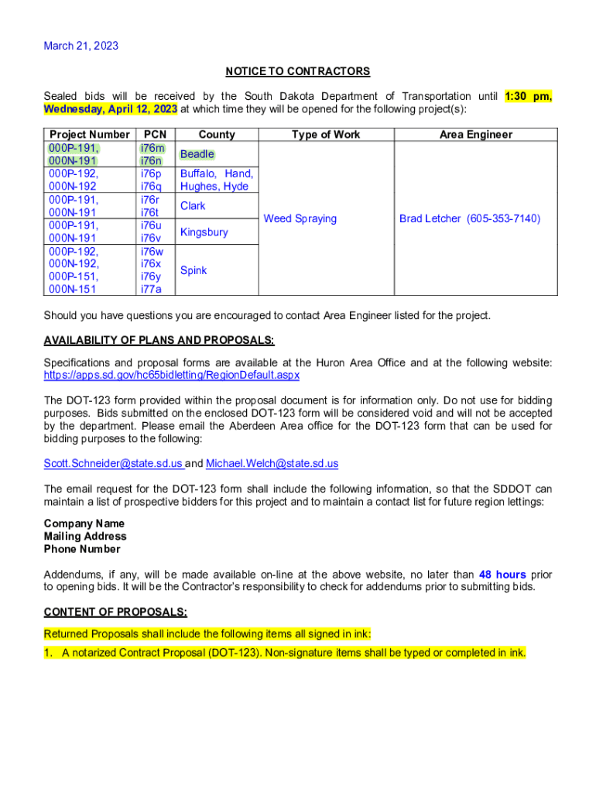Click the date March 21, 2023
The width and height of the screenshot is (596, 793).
(81, 46)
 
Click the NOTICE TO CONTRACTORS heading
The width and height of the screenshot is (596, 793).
(298, 71)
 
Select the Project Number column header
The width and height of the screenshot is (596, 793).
(89, 135)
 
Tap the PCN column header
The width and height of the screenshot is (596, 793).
(155, 135)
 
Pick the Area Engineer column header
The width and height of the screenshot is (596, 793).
(475, 135)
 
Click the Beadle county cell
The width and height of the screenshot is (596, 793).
(197, 154)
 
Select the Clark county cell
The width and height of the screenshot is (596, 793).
(193, 206)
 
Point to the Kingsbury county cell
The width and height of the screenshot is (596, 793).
(204, 232)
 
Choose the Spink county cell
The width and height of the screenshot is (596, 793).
(194, 270)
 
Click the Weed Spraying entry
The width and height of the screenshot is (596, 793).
(300, 219)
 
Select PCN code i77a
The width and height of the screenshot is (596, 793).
(152, 290)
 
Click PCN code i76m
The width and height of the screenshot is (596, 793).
(152, 148)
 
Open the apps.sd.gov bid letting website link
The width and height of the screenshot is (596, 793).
(172, 375)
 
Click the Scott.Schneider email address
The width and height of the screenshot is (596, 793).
(113, 464)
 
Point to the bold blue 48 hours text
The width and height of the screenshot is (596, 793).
(502, 575)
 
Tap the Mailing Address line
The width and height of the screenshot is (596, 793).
(85, 537)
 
